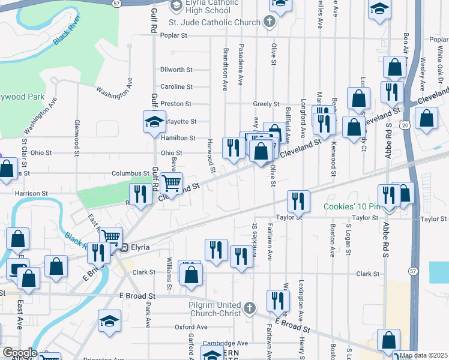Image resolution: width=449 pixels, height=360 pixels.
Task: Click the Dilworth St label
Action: [x=176, y=70]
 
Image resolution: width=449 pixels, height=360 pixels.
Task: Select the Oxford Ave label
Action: [x=191, y=327]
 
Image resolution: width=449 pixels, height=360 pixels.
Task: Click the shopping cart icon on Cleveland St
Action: [x=172, y=182]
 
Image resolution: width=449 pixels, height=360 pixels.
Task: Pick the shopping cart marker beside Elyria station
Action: [x=110, y=236]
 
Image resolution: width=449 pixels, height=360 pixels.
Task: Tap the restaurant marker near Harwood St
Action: [x=233, y=146]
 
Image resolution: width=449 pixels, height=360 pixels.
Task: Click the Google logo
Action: [x=20, y=352]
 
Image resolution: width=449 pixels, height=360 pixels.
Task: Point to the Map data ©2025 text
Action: [x=424, y=355]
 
